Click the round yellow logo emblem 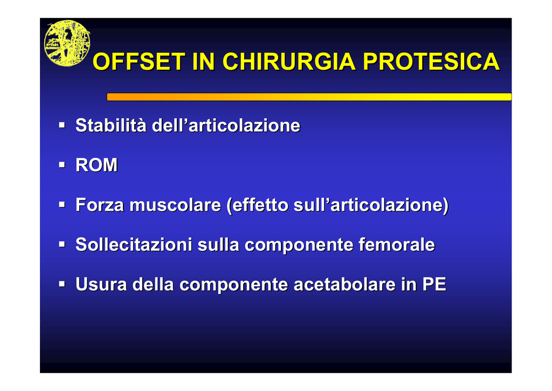67,43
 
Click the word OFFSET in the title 139,62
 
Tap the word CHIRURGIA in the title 289,62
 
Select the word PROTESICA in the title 431,62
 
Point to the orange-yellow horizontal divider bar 309,97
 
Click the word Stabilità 111,125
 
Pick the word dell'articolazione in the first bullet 226,125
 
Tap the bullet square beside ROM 62,165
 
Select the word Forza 100,205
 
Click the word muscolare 175,205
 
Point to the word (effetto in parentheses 257,205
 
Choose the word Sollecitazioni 134,244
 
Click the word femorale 397,244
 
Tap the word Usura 101,284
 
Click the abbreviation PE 434,284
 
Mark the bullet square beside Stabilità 62,125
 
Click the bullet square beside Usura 62,284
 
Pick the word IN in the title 204,62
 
